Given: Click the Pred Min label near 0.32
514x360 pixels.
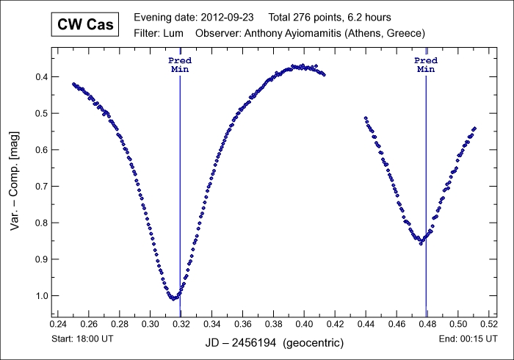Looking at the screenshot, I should [180, 64].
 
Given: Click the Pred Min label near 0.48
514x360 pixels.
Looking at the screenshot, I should [426, 64].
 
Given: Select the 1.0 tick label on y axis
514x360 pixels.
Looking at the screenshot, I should [41, 296].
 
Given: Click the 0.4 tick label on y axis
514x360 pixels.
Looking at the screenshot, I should [41, 77].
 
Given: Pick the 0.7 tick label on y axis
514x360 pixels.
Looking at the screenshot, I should [41, 187].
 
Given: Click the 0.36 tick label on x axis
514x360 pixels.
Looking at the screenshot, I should [242, 323].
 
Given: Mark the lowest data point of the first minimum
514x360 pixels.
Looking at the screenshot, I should [173, 299].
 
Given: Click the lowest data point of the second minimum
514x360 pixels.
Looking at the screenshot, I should [421, 242].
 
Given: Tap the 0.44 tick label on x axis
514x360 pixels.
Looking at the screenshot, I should [365, 323].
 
